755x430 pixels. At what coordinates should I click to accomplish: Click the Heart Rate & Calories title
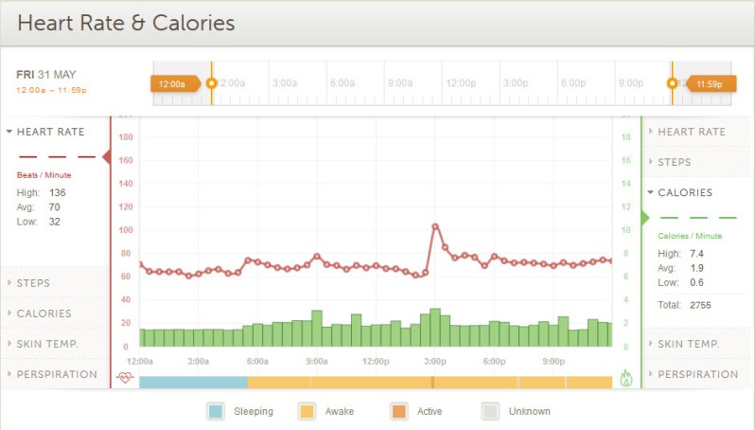[126, 23]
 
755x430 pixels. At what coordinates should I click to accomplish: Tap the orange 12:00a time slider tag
[174, 83]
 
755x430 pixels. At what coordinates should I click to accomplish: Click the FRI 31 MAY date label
[46, 74]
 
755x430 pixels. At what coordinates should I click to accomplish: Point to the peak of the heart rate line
[435, 226]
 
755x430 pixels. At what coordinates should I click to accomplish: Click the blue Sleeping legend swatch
[216, 411]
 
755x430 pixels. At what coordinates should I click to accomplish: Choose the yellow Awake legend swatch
[307, 411]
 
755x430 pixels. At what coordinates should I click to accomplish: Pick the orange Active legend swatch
[398, 411]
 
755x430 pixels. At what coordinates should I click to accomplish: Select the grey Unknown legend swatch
[490, 411]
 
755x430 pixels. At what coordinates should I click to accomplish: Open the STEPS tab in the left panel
[33, 283]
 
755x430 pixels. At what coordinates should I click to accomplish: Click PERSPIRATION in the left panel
[57, 374]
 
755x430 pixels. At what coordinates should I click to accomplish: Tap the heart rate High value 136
[57, 192]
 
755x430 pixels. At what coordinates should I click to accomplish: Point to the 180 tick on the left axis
[125, 137]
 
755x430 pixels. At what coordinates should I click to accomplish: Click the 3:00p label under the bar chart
[434, 361]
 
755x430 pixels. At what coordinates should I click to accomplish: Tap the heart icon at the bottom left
[125, 377]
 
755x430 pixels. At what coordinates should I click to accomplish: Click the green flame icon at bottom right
[625, 377]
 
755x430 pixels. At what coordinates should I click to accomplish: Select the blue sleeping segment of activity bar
[193, 382]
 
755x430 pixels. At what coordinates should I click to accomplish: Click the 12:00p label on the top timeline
[461, 83]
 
